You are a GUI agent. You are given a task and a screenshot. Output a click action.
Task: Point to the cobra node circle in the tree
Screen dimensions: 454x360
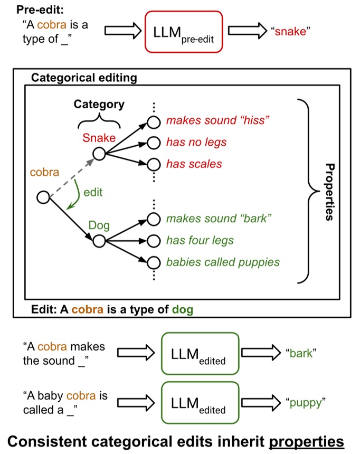coord(43,197)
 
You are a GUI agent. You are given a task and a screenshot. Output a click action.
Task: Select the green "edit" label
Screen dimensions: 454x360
coord(93,193)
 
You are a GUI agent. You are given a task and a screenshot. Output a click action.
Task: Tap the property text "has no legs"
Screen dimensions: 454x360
coord(196,142)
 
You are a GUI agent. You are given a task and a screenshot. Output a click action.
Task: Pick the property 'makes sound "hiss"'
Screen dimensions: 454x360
coord(218,120)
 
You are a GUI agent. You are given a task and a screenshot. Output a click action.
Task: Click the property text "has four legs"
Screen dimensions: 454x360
coord(200,240)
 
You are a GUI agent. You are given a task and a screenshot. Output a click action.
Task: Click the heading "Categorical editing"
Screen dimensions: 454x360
coord(84,78)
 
